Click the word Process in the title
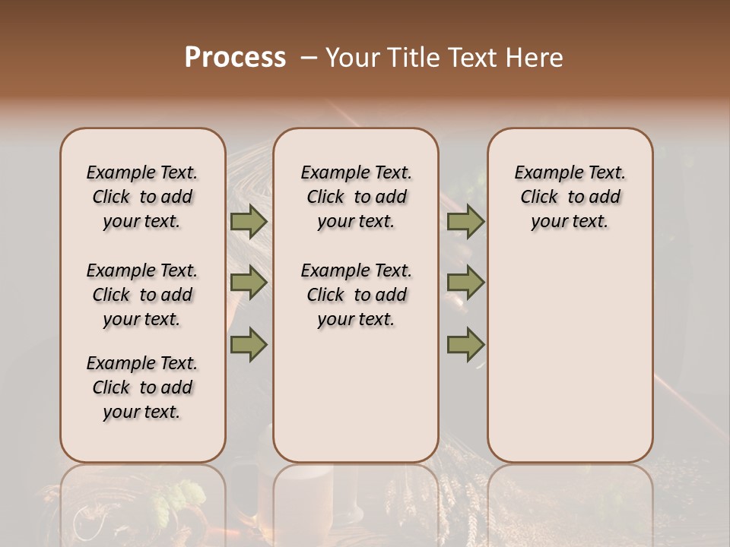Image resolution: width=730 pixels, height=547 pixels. (235, 58)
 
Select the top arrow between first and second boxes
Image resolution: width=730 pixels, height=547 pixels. (249, 222)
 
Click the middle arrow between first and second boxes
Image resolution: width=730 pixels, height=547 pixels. (249, 283)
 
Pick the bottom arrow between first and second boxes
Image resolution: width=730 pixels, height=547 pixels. (249, 344)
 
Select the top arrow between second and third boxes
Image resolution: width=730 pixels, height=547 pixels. (465, 222)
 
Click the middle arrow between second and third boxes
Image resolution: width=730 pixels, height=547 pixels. (465, 283)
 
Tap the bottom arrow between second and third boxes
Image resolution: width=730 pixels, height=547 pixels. (465, 344)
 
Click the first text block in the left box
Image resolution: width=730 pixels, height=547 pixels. (142, 197)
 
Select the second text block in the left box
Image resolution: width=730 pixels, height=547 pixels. (142, 295)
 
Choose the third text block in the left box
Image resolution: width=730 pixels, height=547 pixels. (142, 387)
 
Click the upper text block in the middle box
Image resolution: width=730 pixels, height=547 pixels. (356, 197)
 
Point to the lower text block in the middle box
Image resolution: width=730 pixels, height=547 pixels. (356, 295)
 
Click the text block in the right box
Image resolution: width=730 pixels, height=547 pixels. (570, 197)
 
